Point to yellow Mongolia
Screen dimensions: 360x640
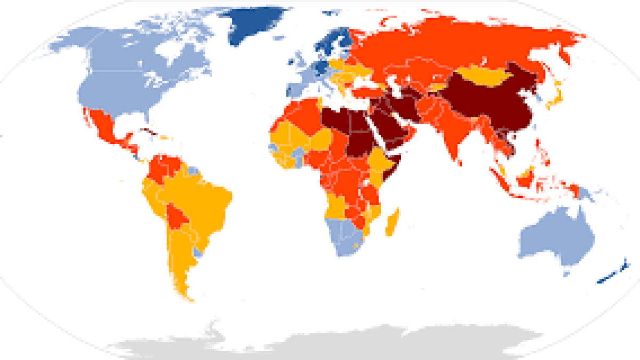(x=483, y=78)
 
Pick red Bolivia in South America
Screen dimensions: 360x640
(x=175, y=213)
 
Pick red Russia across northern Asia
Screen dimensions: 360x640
(x=453, y=43)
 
